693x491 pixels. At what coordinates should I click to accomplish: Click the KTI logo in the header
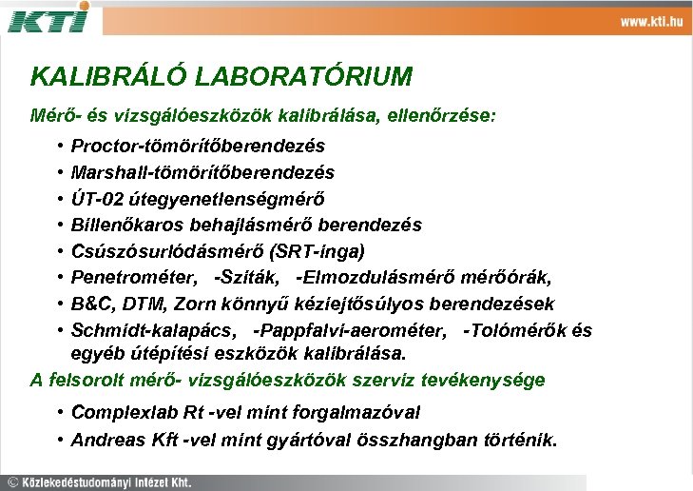[48, 17]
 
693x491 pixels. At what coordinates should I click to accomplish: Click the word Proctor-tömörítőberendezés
[198, 147]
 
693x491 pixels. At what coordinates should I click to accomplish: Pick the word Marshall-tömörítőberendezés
[202, 173]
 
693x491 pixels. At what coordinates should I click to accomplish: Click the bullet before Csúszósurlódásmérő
[59, 251]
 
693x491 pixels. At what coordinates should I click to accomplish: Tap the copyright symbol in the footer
[12, 481]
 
